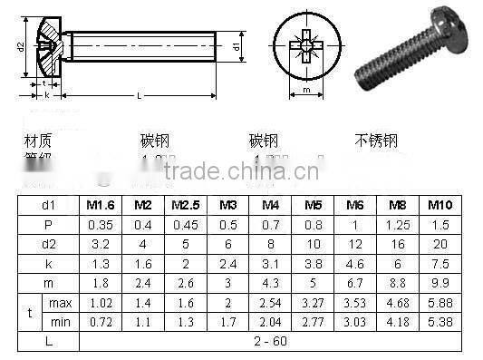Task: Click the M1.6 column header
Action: coord(101,206)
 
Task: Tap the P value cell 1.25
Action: coord(396,223)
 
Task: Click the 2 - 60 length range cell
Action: coord(272,341)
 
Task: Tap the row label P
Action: coord(48,223)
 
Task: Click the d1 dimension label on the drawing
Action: coord(236,45)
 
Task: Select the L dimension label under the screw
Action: coord(138,95)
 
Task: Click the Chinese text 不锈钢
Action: coord(375,141)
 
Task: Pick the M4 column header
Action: coord(269,206)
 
